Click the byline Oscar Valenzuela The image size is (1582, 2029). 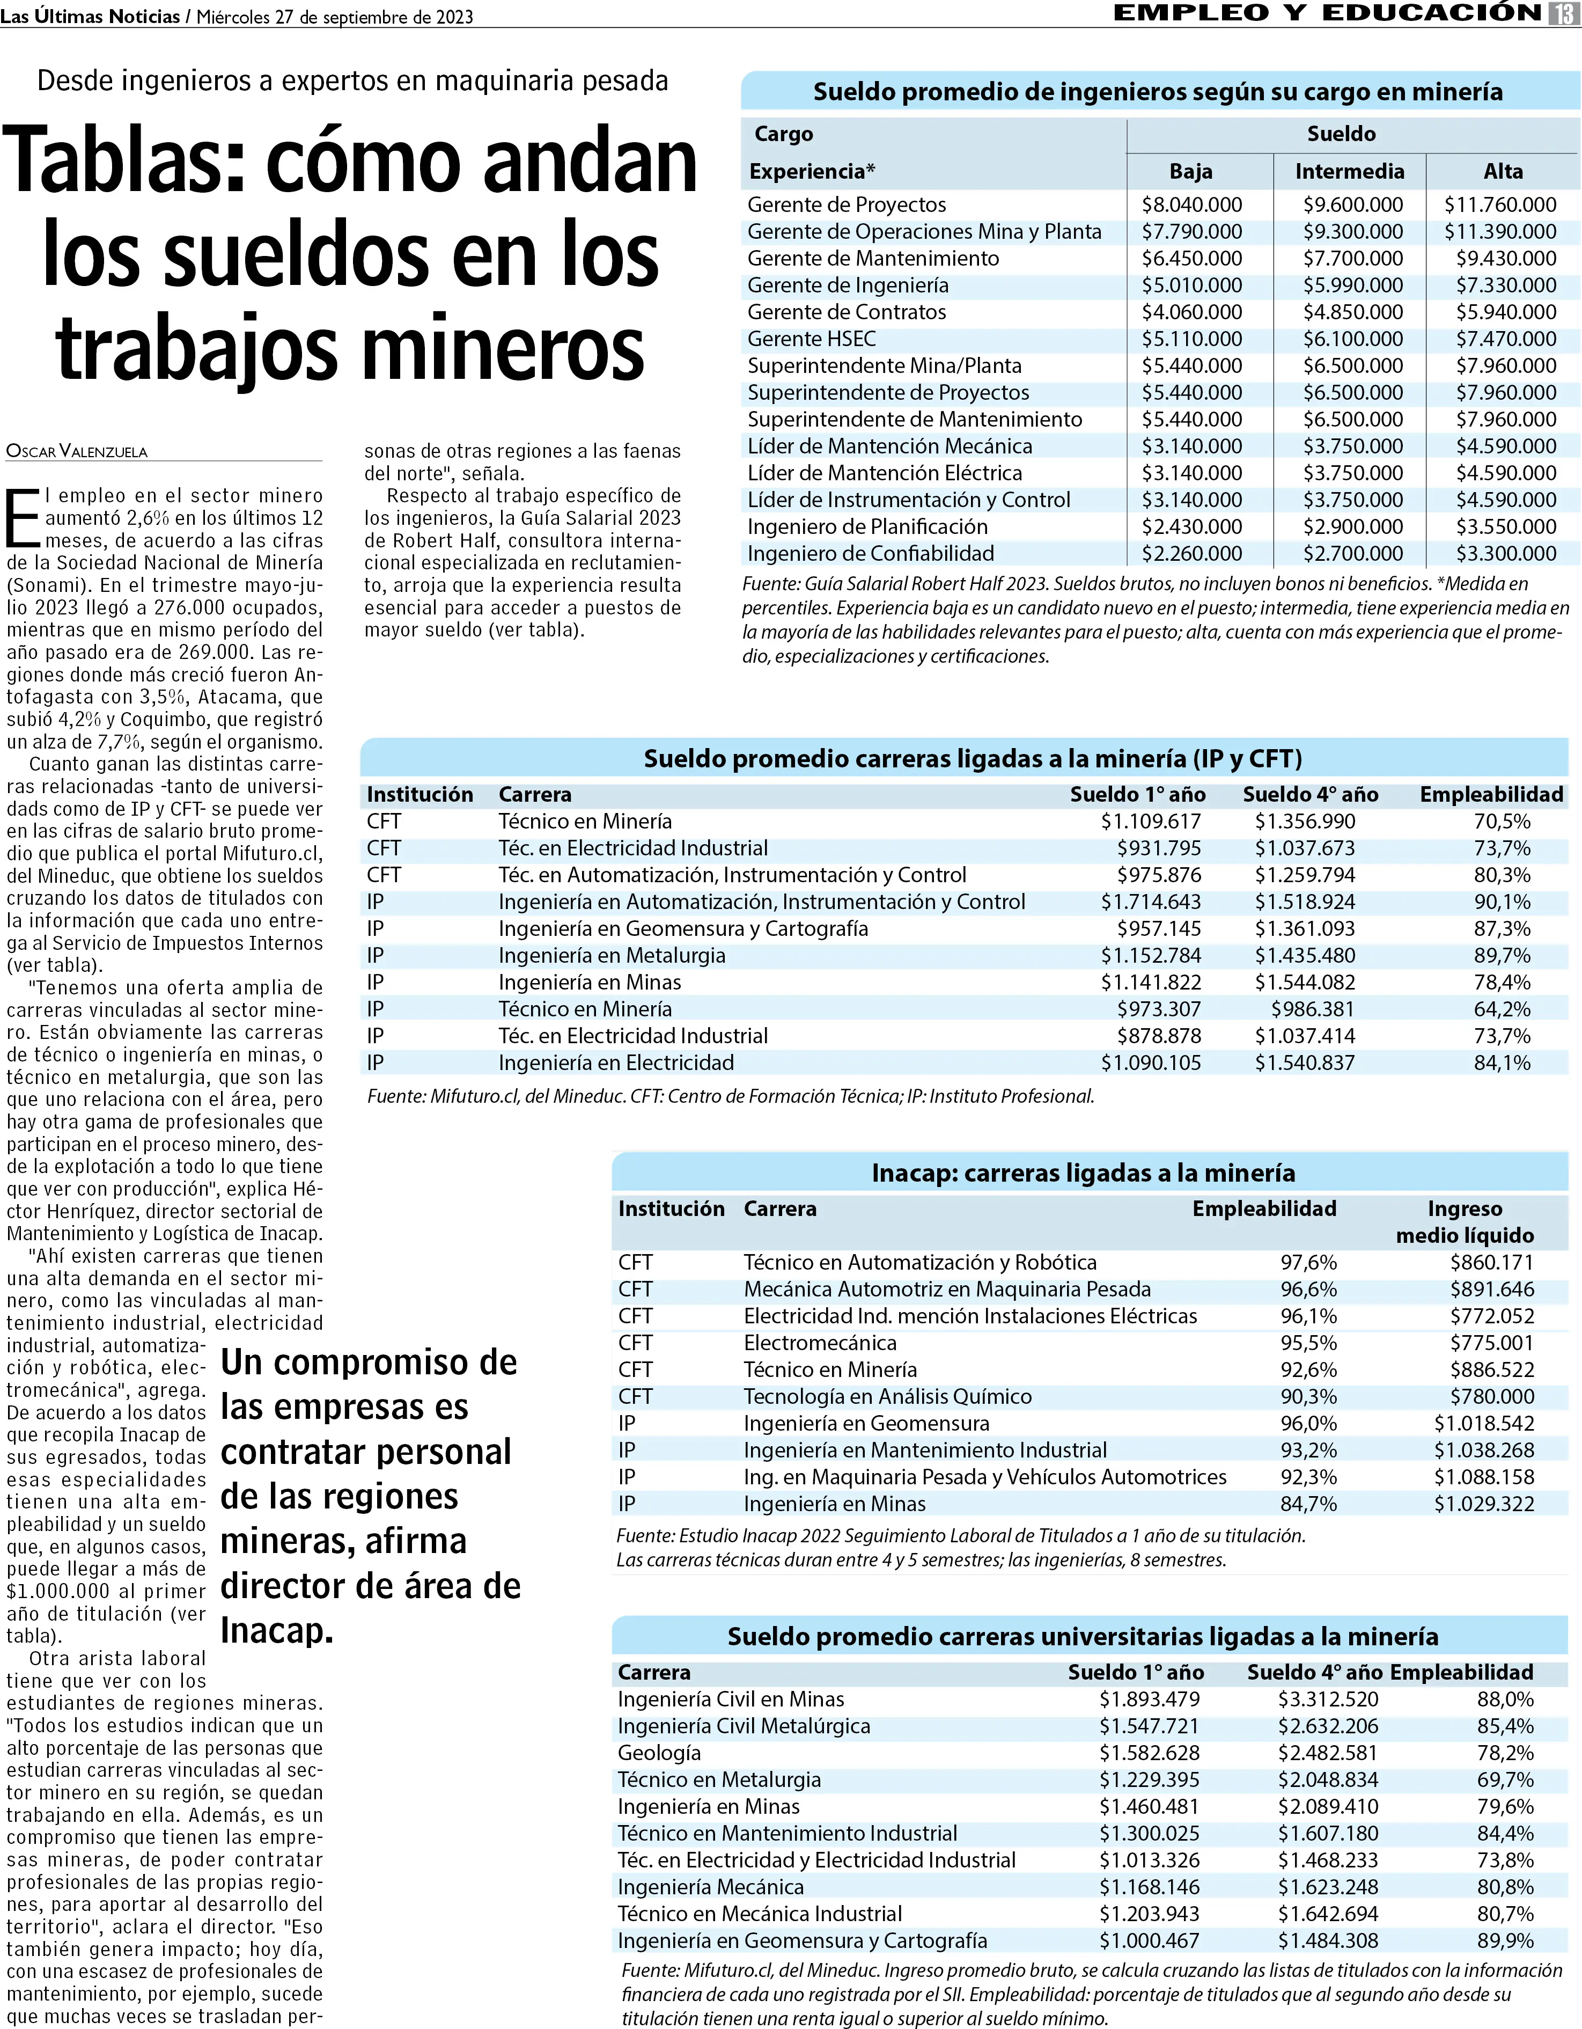77,451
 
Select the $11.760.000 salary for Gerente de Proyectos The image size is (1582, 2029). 1500,204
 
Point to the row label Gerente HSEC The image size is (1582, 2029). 811,339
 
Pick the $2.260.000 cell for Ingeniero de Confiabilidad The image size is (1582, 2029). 1192,554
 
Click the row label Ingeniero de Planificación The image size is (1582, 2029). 867,527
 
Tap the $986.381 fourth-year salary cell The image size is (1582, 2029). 1313,1009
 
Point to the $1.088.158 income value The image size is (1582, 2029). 1483,1477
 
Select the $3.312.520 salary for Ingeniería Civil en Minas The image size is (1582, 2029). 1328,1699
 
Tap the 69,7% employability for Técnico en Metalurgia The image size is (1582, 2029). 1505,1780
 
